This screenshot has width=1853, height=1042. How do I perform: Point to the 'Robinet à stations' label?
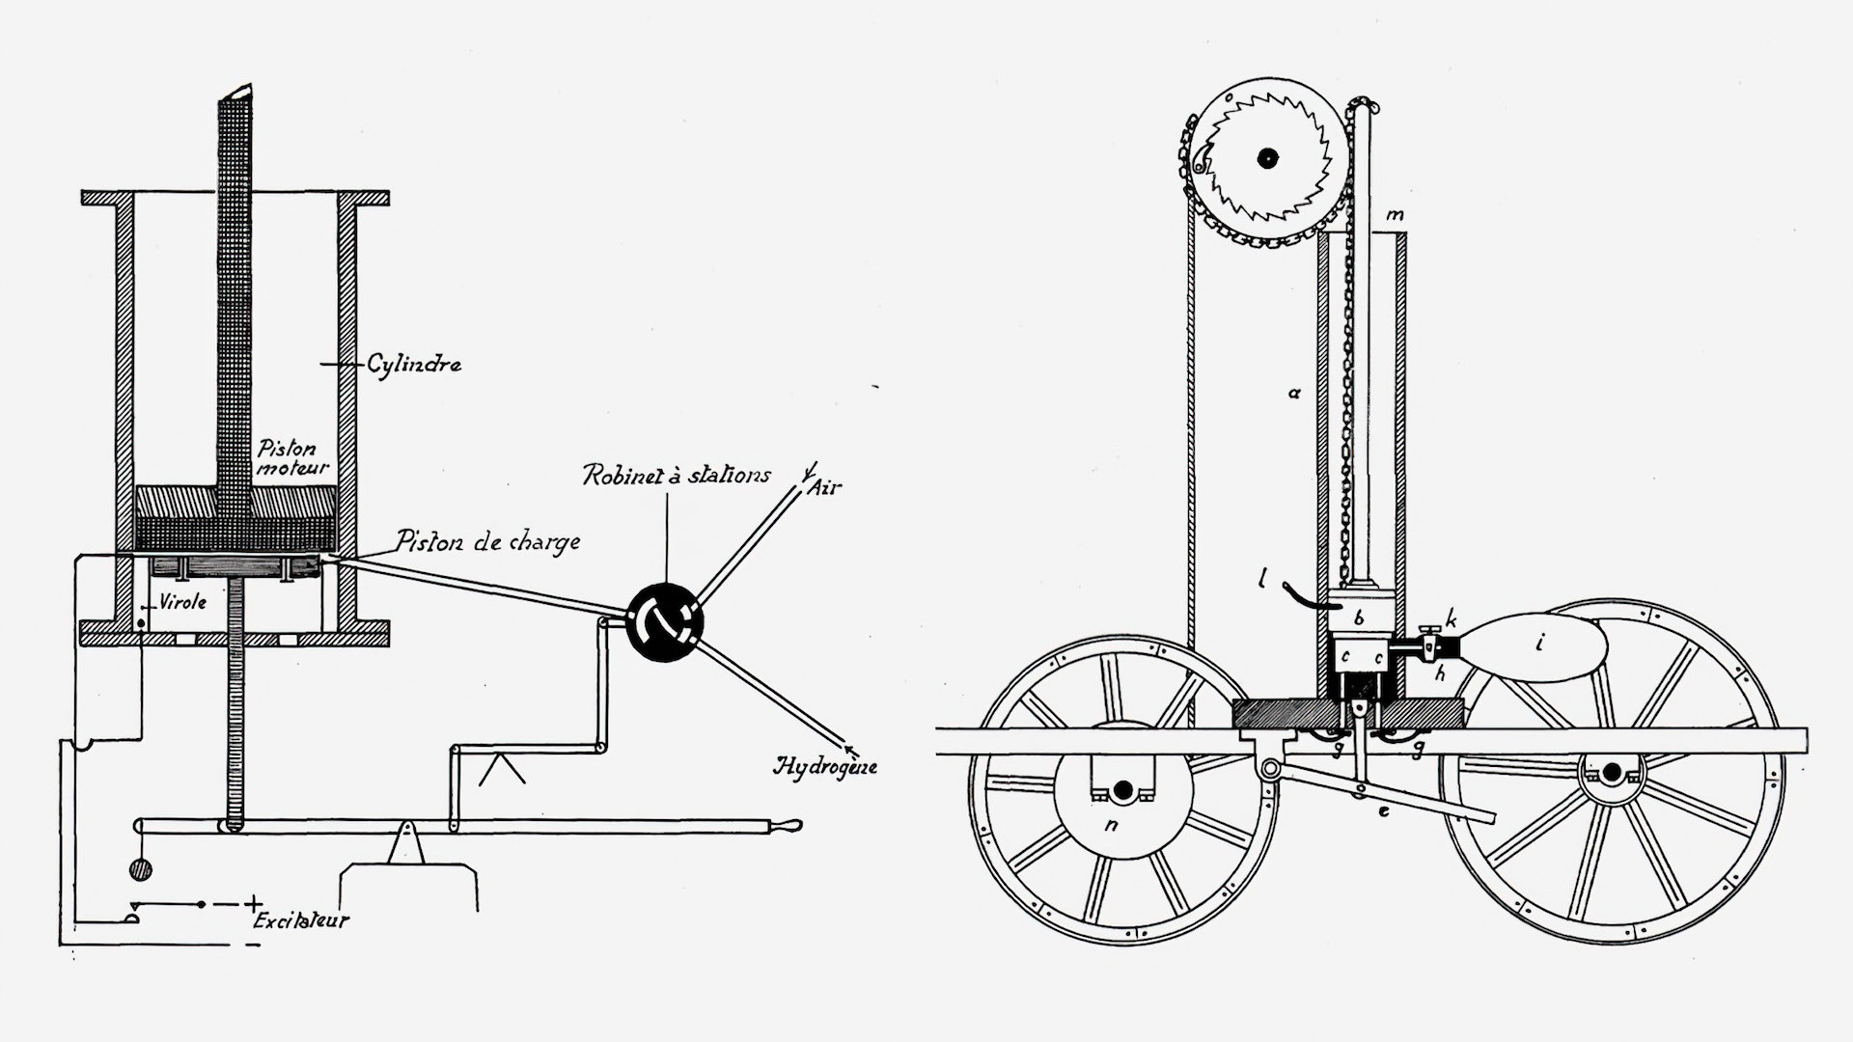click(676, 475)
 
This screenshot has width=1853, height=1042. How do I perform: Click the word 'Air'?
click(825, 486)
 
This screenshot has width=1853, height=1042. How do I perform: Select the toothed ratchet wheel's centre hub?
click(1264, 157)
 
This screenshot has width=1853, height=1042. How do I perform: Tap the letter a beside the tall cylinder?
click(1296, 393)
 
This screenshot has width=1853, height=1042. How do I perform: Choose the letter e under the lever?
click(1383, 811)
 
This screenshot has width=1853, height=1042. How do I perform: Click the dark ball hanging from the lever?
click(141, 869)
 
